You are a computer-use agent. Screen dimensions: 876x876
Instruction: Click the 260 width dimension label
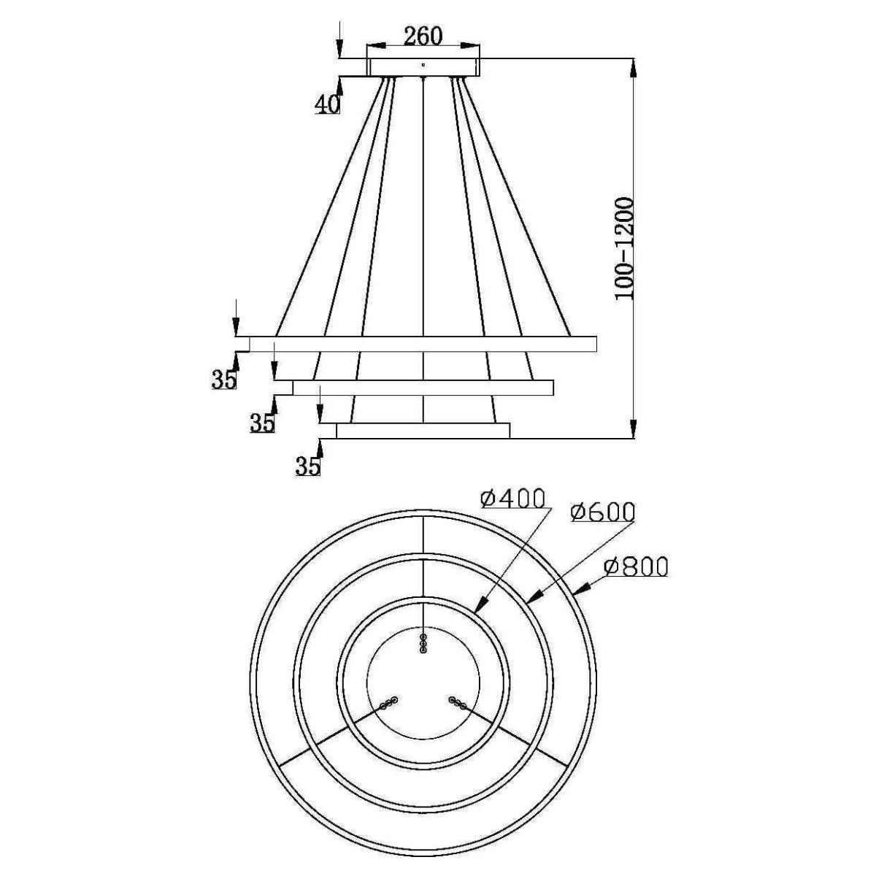(423, 36)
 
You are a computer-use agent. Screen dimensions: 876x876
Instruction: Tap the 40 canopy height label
(327, 105)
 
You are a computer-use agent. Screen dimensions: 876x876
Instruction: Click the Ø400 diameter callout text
(512, 499)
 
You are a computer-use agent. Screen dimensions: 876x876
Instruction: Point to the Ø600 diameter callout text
(602, 512)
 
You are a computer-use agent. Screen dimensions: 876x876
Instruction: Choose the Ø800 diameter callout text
(636, 566)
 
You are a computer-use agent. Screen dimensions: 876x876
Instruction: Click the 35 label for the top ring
(224, 380)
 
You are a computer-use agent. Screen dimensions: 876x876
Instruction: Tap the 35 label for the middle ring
(263, 423)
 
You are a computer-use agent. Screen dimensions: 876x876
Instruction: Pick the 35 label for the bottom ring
(308, 466)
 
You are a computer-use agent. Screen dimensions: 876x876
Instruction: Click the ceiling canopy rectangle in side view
(423, 67)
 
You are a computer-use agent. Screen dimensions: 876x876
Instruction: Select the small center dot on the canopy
(423, 65)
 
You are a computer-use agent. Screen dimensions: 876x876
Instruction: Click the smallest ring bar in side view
(423, 431)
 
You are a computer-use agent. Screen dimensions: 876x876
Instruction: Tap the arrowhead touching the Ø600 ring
(537, 596)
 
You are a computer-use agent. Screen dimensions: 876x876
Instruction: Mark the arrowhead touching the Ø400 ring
(481, 604)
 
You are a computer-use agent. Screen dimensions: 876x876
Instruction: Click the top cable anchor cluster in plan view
(423, 643)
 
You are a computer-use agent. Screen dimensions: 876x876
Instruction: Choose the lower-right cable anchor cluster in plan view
(457, 715)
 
